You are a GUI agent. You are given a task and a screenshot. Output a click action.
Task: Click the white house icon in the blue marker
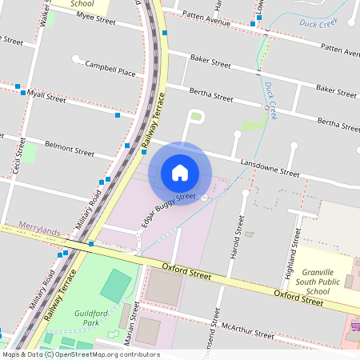pyautogui.click(x=180, y=173)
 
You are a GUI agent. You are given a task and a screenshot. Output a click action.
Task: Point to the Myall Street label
pyautogui.click(x=46, y=98)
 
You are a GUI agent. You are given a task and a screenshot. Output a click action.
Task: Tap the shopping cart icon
pyautogui.click(x=353, y=327)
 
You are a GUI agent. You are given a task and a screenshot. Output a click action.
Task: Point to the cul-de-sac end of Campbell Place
pyautogui.click(x=75, y=58)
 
